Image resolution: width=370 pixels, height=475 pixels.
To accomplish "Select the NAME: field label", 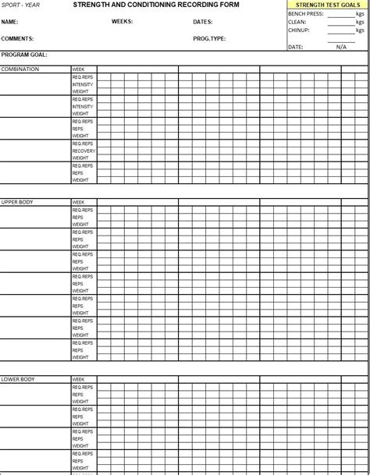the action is tap(10, 22).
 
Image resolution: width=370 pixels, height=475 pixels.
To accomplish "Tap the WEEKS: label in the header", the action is tap(123, 22).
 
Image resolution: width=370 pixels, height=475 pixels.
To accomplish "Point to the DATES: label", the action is tap(203, 22).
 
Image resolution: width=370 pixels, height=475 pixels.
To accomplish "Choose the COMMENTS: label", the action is tap(17, 38).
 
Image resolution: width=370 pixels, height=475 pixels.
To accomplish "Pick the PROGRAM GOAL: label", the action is tap(24, 55).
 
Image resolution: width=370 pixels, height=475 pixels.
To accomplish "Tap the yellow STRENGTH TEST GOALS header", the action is tap(328, 5).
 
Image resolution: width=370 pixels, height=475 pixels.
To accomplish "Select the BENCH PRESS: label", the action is tap(305, 14).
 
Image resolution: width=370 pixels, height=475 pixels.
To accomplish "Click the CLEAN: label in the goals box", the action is tap(297, 23).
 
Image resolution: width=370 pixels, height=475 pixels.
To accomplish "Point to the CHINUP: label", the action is tap(299, 30).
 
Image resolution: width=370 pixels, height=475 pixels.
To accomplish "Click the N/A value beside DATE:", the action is tap(341, 47).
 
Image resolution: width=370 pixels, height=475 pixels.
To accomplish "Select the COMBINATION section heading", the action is tap(20, 69).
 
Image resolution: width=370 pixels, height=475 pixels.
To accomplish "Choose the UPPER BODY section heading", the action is tap(17, 203).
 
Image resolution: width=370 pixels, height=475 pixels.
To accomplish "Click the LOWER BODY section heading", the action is tap(17, 380).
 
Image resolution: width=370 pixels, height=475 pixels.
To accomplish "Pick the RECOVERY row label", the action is tap(84, 151).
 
